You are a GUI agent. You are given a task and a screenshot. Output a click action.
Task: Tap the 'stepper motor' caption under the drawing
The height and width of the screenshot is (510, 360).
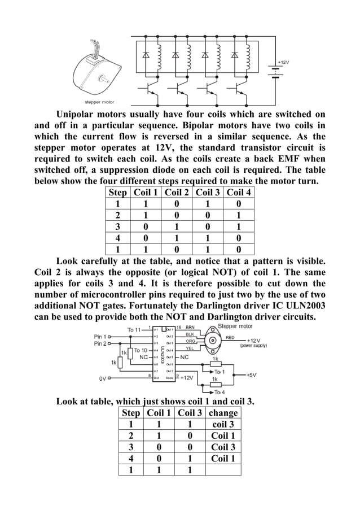(x=99, y=102)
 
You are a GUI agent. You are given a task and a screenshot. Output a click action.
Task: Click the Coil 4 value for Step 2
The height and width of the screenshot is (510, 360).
(x=239, y=215)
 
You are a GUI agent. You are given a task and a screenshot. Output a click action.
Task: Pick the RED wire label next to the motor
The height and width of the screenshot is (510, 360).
(x=231, y=337)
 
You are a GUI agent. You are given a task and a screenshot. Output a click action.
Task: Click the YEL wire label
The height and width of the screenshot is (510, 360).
(x=190, y=349)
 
